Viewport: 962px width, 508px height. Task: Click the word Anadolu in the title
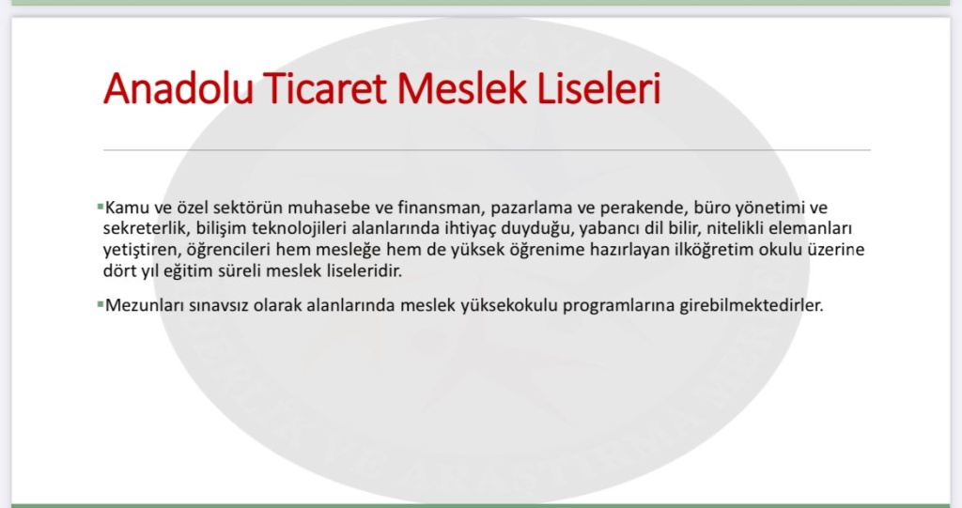pos(178,89)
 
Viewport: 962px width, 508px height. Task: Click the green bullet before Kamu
pos(100,207)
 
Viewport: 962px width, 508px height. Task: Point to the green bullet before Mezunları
pos(100,303)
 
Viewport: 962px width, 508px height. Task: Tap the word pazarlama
pos(532,208)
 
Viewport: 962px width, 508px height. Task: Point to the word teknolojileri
pos(300,229)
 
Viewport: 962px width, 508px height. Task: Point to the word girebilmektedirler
pos(752,305)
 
